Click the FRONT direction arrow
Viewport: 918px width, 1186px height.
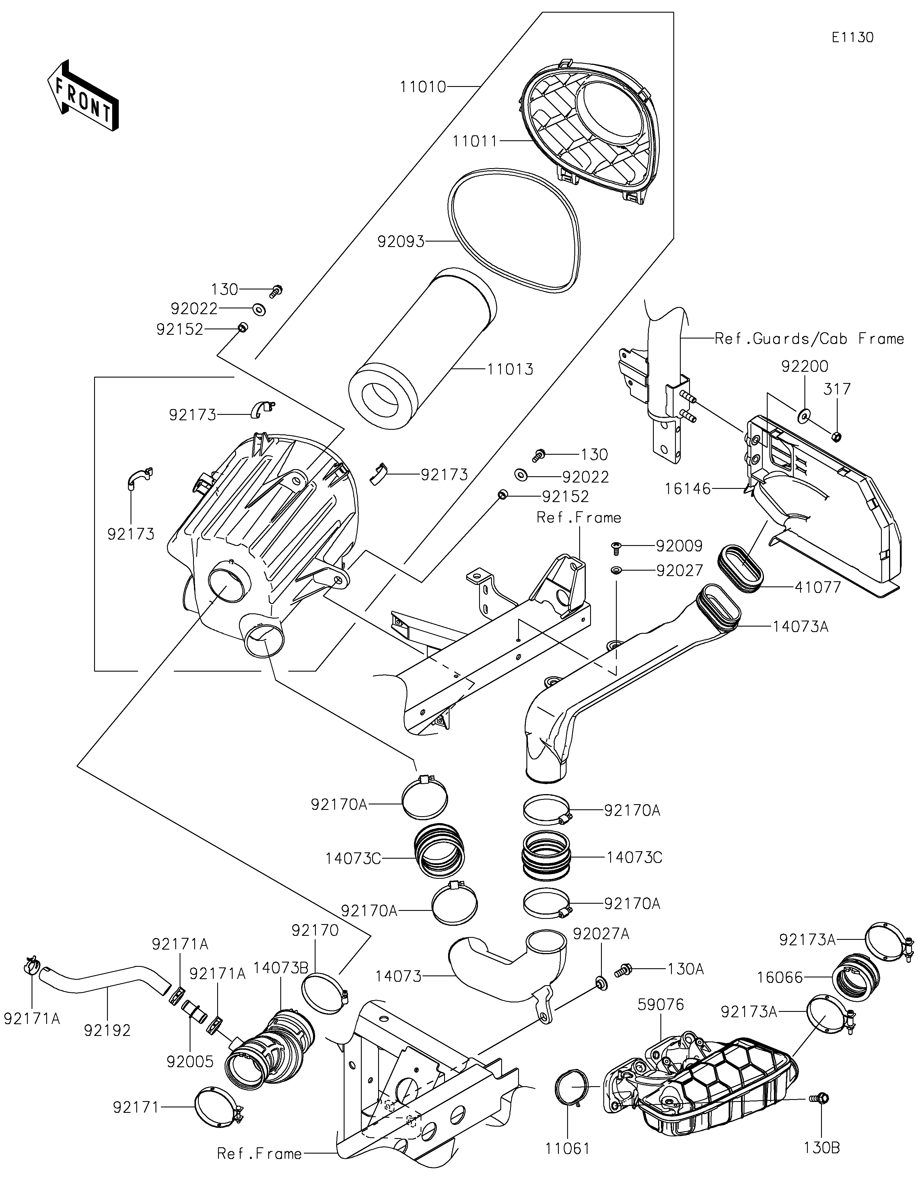click(83, 95)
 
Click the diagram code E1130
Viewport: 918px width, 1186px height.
click(852, 38)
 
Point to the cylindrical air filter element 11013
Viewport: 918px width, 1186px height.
click(421, 337)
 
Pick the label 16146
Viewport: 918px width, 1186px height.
click(687, 489)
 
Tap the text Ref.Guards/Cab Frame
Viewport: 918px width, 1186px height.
click(809, 339)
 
